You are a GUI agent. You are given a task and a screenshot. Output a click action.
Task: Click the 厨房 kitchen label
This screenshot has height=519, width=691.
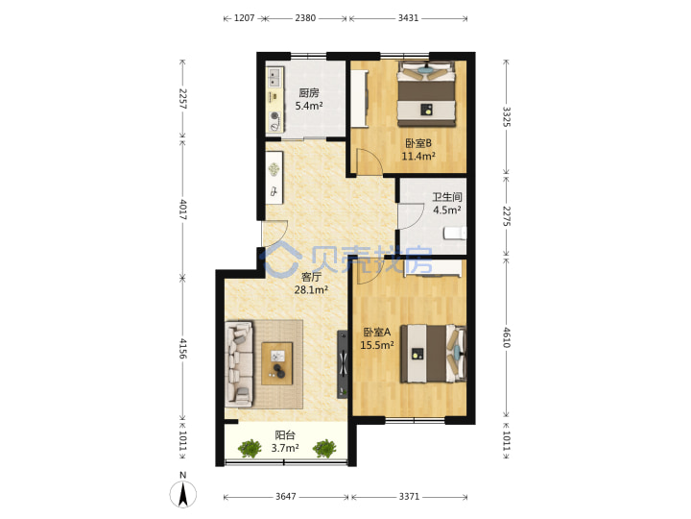coord(308,92)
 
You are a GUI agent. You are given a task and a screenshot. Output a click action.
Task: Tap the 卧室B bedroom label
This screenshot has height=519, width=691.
coord(418,143)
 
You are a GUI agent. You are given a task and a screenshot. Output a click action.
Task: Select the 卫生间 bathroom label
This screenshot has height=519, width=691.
coord(446,197)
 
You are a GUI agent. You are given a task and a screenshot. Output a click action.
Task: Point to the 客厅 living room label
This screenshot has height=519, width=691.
coord(311,277)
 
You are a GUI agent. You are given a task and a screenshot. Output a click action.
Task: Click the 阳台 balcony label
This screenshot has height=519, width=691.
coord(285,435)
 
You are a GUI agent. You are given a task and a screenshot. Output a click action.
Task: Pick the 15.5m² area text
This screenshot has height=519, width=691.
coord(377,345)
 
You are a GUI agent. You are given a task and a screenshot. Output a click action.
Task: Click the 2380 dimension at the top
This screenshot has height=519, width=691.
coord(305,18)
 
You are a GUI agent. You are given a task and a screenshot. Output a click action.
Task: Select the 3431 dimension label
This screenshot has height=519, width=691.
coord(408,18)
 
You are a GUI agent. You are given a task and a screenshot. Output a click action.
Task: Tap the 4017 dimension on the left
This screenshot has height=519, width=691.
coord(183,210)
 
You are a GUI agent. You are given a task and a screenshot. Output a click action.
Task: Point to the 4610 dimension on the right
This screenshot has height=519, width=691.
coord(507,337)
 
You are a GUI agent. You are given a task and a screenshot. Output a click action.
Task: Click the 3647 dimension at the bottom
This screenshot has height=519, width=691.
coord(286,497)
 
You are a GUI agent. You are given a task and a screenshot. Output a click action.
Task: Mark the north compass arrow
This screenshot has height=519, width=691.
coord(183,493)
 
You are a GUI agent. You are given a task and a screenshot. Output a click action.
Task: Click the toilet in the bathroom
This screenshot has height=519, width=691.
coord(455,233)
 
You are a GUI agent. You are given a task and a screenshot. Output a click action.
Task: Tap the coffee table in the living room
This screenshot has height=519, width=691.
coord(277,363)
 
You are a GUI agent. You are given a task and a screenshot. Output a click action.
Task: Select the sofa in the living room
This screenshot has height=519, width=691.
coord(239,363)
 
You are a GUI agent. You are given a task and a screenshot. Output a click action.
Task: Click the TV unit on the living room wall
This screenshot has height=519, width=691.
coord(343,364)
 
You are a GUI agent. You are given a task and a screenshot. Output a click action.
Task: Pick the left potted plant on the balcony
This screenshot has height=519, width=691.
coord(250,449)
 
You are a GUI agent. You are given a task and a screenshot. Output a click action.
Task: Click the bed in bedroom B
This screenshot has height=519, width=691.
coord(426,94)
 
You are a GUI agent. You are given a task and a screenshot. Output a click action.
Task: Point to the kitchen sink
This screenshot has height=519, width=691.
coord(274,78)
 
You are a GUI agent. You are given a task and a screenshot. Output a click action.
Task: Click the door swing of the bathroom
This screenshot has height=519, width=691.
coord(411,216)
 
